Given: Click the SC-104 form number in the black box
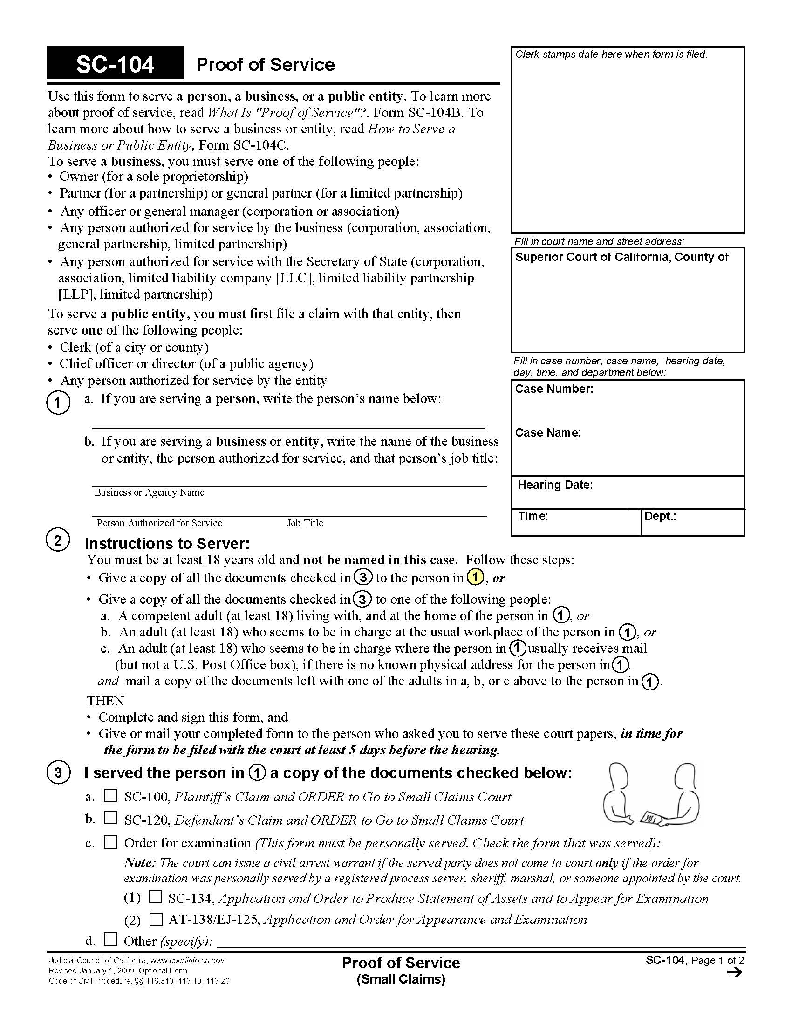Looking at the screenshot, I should (x=115, y=64).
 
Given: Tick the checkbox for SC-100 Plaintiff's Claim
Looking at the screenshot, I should (x=110, y=795).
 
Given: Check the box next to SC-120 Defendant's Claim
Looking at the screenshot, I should (x=110, y=818).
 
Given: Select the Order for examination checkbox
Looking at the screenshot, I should (x=110, y=842).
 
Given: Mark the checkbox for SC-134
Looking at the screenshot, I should (x=155, y=897).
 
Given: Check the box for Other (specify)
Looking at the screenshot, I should (x=110, y=939).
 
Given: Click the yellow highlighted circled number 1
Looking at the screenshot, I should (x=475, y=577).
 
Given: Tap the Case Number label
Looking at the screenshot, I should (x=553, y=389).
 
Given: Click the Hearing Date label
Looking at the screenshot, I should (x=555, y=485).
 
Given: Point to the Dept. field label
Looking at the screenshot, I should (x=660, y=516).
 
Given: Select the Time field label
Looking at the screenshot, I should (x=533, y=516).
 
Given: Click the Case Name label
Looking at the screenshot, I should (x=547, y=433).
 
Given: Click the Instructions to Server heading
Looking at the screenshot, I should (x=167, y=543).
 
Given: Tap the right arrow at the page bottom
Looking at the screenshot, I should (x=734, y=972).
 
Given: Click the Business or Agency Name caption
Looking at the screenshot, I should (x=149, y=492).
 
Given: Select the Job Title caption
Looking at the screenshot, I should (x=305, y=523).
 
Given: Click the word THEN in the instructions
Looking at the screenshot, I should (x=106, y=701).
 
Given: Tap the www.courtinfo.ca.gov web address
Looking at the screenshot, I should (x=187, y=961).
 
